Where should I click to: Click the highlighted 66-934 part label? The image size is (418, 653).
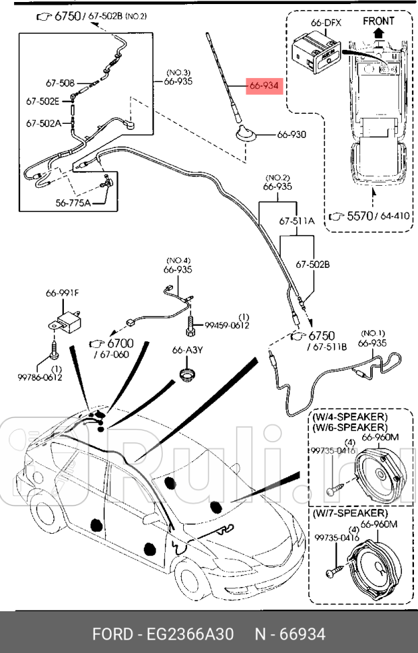263,86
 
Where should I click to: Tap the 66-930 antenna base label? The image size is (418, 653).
291,135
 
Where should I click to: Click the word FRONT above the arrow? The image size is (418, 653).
379,21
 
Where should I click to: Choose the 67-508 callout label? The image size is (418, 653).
59,83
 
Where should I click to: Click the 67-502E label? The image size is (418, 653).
43,102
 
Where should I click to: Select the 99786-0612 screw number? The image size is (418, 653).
40,378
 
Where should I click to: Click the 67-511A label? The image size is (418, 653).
297,220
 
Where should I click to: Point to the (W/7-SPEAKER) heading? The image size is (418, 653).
349,514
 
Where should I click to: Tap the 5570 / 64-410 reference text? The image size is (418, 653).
371,216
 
